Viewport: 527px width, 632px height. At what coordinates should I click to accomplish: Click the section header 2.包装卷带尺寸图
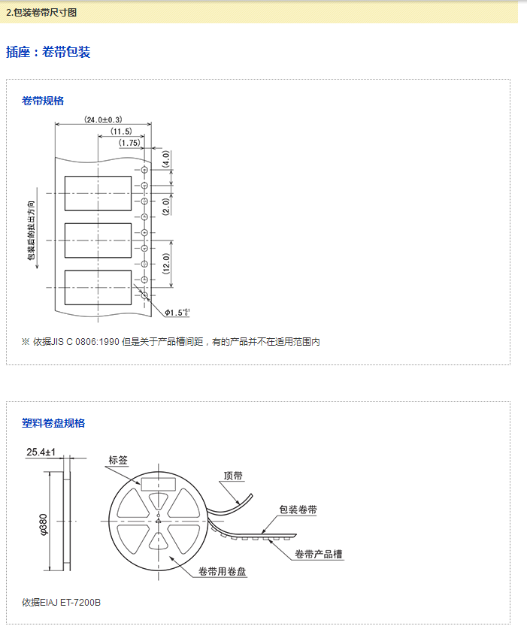click(41, 13)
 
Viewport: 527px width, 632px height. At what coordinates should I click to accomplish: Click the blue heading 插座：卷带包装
click(48, 53)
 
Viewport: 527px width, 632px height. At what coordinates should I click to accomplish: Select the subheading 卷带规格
click(43, 101)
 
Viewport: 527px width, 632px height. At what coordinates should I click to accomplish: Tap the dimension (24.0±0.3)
click(103, 120)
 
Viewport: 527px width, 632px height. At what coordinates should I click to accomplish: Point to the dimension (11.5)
click(121, 132)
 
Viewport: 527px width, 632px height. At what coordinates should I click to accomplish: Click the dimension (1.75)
click(129, 143)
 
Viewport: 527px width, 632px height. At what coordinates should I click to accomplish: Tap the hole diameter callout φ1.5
click(178, 312)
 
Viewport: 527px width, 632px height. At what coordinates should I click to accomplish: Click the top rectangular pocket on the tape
click(98, 192)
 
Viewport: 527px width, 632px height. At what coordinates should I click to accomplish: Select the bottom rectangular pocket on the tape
click(98, 286)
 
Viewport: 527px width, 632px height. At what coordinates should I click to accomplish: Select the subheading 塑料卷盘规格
click(53, 423)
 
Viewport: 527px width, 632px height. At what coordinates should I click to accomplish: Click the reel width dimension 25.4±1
click(42, 452)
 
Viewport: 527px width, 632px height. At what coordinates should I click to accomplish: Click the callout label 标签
click(118, 461)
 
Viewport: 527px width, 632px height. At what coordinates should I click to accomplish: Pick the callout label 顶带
click(233, 476)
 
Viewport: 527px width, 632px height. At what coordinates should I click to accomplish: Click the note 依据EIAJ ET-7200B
click(62, 603)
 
